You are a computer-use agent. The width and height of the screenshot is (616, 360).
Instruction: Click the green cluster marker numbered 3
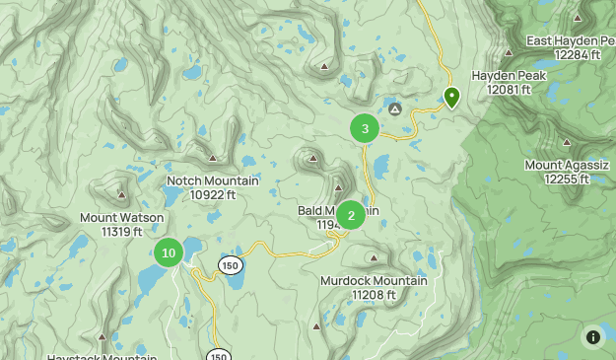pos(365,128)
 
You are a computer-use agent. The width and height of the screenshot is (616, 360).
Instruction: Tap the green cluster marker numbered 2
pos(351,215)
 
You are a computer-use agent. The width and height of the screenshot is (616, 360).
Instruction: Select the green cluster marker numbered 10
pos(169,253)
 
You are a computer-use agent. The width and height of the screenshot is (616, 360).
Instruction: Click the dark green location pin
pos(451,97)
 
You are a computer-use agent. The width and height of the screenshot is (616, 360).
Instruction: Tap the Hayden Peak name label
pos(508,75)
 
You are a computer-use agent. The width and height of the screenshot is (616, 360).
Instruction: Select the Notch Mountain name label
pos(213,180)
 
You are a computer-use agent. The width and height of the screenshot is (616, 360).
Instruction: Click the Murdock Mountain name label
pos(374,280)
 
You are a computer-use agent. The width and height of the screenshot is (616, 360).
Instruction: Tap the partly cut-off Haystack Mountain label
pos(102,356)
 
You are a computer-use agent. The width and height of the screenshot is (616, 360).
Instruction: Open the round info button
pos(592,336)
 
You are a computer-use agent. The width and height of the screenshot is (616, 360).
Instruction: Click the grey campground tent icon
pos(394,108)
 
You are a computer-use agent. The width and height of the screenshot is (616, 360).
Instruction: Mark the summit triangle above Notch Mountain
pos(213,158)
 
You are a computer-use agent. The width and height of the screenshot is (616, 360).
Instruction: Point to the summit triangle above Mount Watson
pos(121,195)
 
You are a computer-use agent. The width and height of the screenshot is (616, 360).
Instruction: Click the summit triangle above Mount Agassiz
pos(565,142)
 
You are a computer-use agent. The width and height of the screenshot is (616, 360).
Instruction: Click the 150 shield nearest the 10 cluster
pos(231,265)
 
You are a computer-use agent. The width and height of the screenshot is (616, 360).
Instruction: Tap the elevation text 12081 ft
pos(509,90)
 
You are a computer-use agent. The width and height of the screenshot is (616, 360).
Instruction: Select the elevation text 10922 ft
pos(213,194)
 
